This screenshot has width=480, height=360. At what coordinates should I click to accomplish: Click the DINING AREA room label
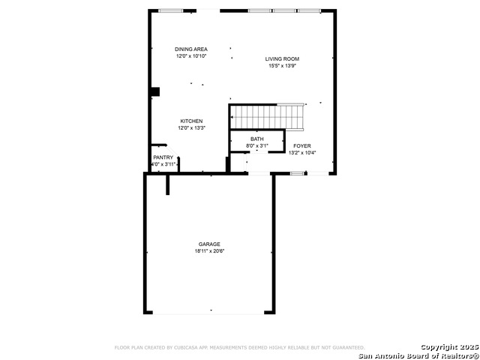191,49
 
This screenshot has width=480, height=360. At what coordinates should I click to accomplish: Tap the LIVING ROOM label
283,58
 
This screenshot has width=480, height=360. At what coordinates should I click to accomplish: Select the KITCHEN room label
191,121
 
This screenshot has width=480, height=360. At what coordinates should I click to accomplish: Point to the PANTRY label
163,157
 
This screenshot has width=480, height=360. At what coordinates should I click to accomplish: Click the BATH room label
257,139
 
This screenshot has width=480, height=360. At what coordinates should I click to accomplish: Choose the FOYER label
302,146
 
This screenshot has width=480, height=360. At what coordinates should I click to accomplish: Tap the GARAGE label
209,244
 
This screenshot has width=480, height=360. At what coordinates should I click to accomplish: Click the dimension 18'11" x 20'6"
209,251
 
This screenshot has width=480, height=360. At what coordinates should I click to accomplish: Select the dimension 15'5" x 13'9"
283,66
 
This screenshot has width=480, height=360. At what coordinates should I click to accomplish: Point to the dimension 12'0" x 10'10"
191,56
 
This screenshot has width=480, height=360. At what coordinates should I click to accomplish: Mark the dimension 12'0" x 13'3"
191,128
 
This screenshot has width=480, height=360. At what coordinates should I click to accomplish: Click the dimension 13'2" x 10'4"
302,153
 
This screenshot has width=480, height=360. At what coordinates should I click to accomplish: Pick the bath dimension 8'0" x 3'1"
257,145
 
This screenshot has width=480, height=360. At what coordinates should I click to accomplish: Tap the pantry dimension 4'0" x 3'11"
163,164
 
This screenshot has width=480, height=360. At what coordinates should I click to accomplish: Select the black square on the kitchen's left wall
155,92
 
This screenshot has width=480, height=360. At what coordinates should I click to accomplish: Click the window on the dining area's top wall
171,10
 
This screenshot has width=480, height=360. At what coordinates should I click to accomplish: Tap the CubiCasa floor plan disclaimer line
239,347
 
